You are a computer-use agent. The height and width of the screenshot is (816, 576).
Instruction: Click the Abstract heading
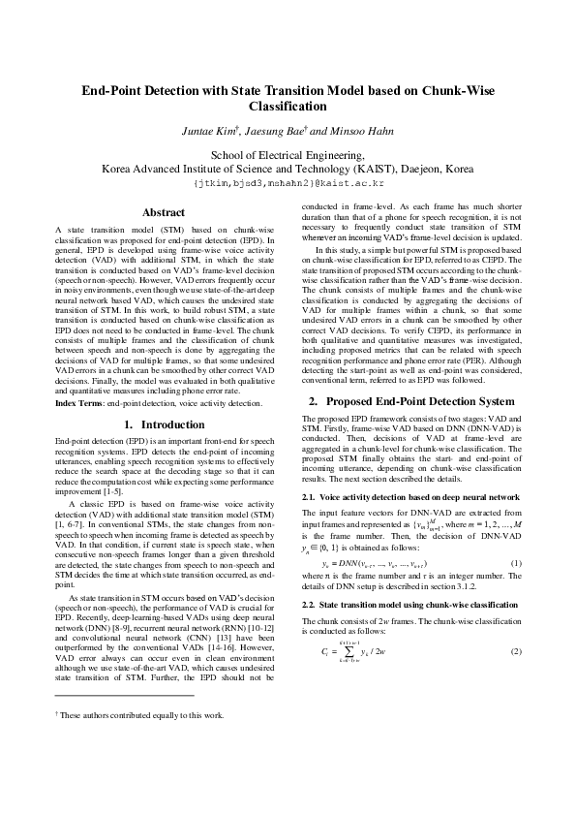pyautogui.click(x=164, y=212)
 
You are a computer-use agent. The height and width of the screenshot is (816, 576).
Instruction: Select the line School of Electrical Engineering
pyautogui.click(x=288, y=153)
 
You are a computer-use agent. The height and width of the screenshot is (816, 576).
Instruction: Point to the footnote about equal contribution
pyautogui.click(x=141, y=742)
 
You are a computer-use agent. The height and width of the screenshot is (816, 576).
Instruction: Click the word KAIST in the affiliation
pyautogui.click(x=330, y=168)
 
